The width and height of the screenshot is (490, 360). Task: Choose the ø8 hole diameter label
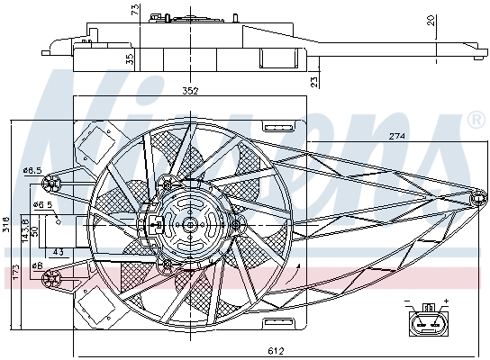pyautogui.click(x=37, y=265)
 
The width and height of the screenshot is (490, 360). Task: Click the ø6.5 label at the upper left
pyautogui.click(x=32, y=170)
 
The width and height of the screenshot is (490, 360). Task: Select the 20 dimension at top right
pyautogui.click(x=457, y=20)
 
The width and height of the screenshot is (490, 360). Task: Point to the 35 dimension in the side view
pyautogui.click(x=131, y=59)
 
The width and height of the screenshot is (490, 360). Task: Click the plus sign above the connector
pyautogui.click(x=445, y=302)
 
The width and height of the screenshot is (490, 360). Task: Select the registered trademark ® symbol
pyautogui.click(x=475, y=120)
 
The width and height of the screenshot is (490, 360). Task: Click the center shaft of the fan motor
pyautogui.click(x=190, y=224)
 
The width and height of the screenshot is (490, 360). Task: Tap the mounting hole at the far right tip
pyautogui.click(x=474, y=196)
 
